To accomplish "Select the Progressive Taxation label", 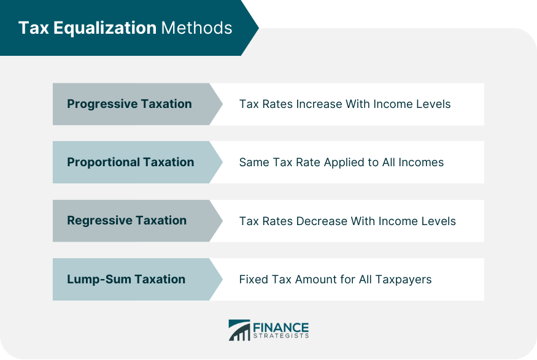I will point(129,104).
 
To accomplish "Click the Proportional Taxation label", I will point(130,163).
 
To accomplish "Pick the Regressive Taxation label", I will point(126,221).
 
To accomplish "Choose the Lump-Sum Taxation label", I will point(126,279).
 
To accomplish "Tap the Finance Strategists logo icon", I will point(239,330).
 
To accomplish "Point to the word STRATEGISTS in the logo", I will point(280,336).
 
